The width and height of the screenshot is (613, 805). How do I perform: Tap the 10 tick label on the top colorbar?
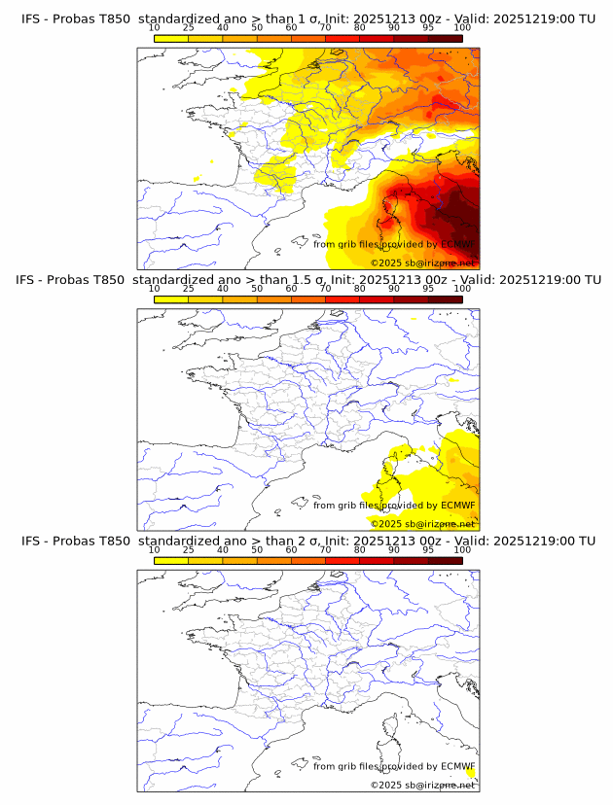click(154, 28)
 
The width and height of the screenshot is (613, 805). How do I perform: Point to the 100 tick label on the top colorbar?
click(462, 28)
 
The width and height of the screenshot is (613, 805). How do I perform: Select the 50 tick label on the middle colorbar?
click(257, 289)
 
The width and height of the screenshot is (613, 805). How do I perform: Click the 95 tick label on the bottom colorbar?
click(428, 549)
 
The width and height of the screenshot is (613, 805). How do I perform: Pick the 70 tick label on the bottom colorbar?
click(325, 549)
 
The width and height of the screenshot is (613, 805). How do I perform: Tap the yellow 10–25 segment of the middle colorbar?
click(171, 298)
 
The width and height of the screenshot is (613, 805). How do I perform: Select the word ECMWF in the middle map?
click(458, 505)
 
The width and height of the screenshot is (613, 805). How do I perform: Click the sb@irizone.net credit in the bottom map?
click(441, 785)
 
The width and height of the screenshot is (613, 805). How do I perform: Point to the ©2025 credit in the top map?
click(386, 263)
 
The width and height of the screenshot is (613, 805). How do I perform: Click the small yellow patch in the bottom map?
click(471, 773)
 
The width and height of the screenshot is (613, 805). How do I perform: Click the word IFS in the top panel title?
click(32, 17)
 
